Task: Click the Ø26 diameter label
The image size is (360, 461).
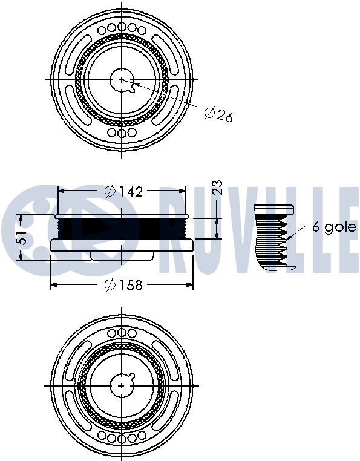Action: pyautogui.click(x=218, y=114)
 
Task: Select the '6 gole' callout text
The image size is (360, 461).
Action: pyautogui.click(x=334, y=227)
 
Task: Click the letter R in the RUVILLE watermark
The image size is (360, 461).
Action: pyautogui.click(x=177, y=230)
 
